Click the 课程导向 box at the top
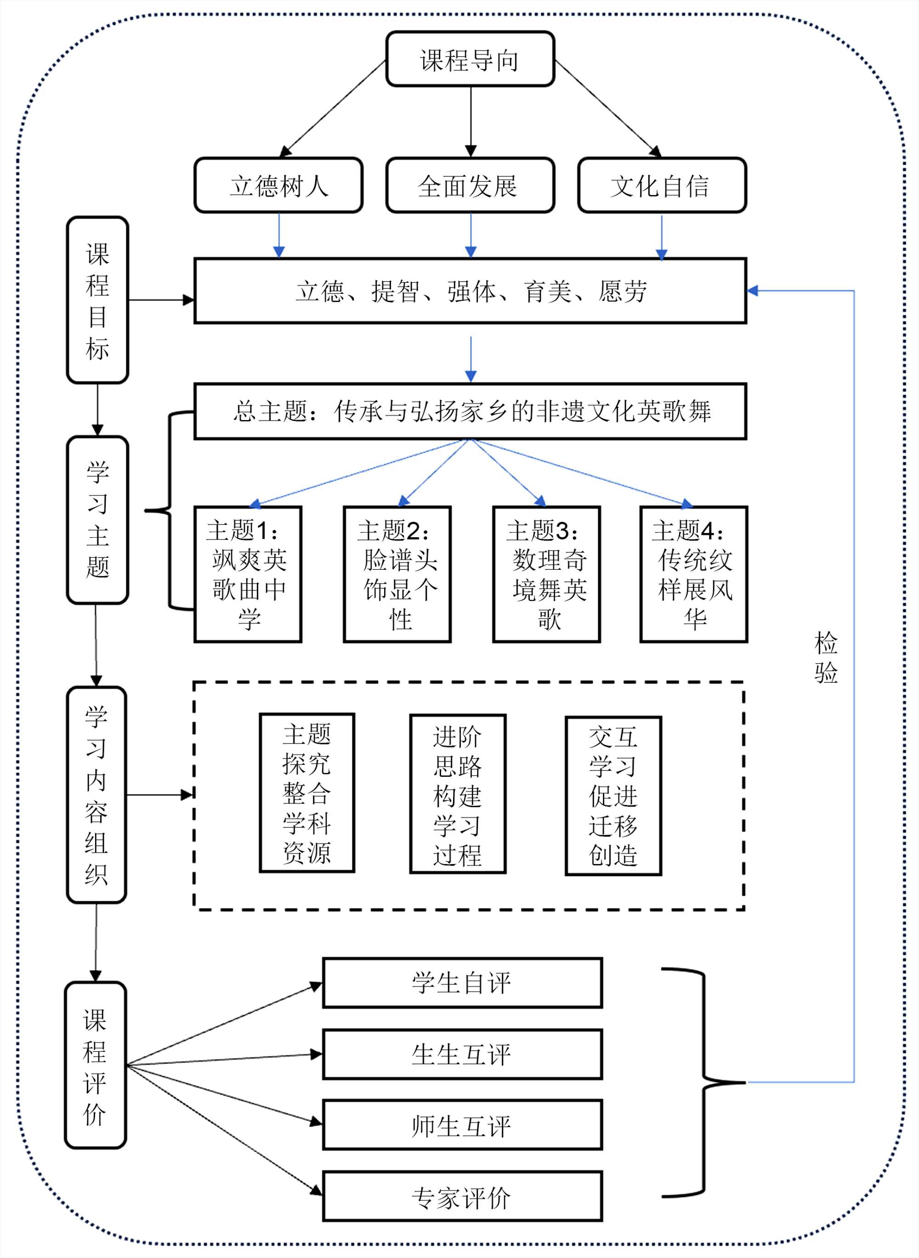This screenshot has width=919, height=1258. tap(470, 59)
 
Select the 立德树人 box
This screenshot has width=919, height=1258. tap(278, 185)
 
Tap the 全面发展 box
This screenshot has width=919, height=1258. tap(470, 185)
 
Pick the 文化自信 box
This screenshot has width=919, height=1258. tap(662, 185)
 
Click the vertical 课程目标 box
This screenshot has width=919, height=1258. tap(97, 300)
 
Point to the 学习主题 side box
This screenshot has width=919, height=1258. tap(97, 520)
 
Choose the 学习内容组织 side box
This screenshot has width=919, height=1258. tap(96, 795)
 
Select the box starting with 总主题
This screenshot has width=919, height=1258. tap(470, 411)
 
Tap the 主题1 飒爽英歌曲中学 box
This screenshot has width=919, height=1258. tap(248, 574)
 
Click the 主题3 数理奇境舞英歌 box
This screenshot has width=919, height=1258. tap(547, 574)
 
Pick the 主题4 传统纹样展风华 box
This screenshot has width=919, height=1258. tap(694, 574)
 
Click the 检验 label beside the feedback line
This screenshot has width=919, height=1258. tap(826, 657)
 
